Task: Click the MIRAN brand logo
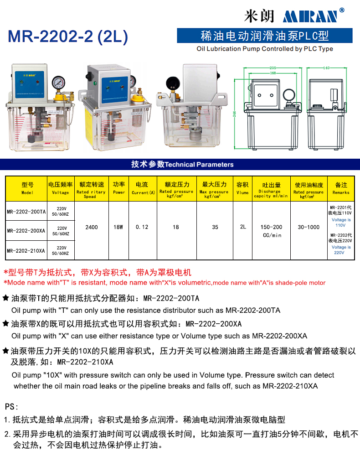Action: click(x=310, y=16)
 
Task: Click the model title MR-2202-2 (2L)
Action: click(x=68, y=37)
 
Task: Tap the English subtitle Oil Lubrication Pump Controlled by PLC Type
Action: click(x=264, y=49)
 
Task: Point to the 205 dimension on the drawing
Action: click(x=273, y=68)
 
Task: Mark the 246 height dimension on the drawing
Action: click(x=235, y=114)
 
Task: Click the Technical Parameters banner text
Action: click(x=182, y=165)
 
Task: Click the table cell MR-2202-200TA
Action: click(x=26, y=212)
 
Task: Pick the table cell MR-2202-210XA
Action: click(x=26, y=250)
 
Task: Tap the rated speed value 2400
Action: click(x=92, y=227)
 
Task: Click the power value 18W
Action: click(x=118, y=227)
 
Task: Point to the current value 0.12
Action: click(x=142, y=227)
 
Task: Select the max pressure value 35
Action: click(x=215, y=227)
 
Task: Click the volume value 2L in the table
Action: click(x=242, y=227)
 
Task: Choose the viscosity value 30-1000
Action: click(x=309, y=227)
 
